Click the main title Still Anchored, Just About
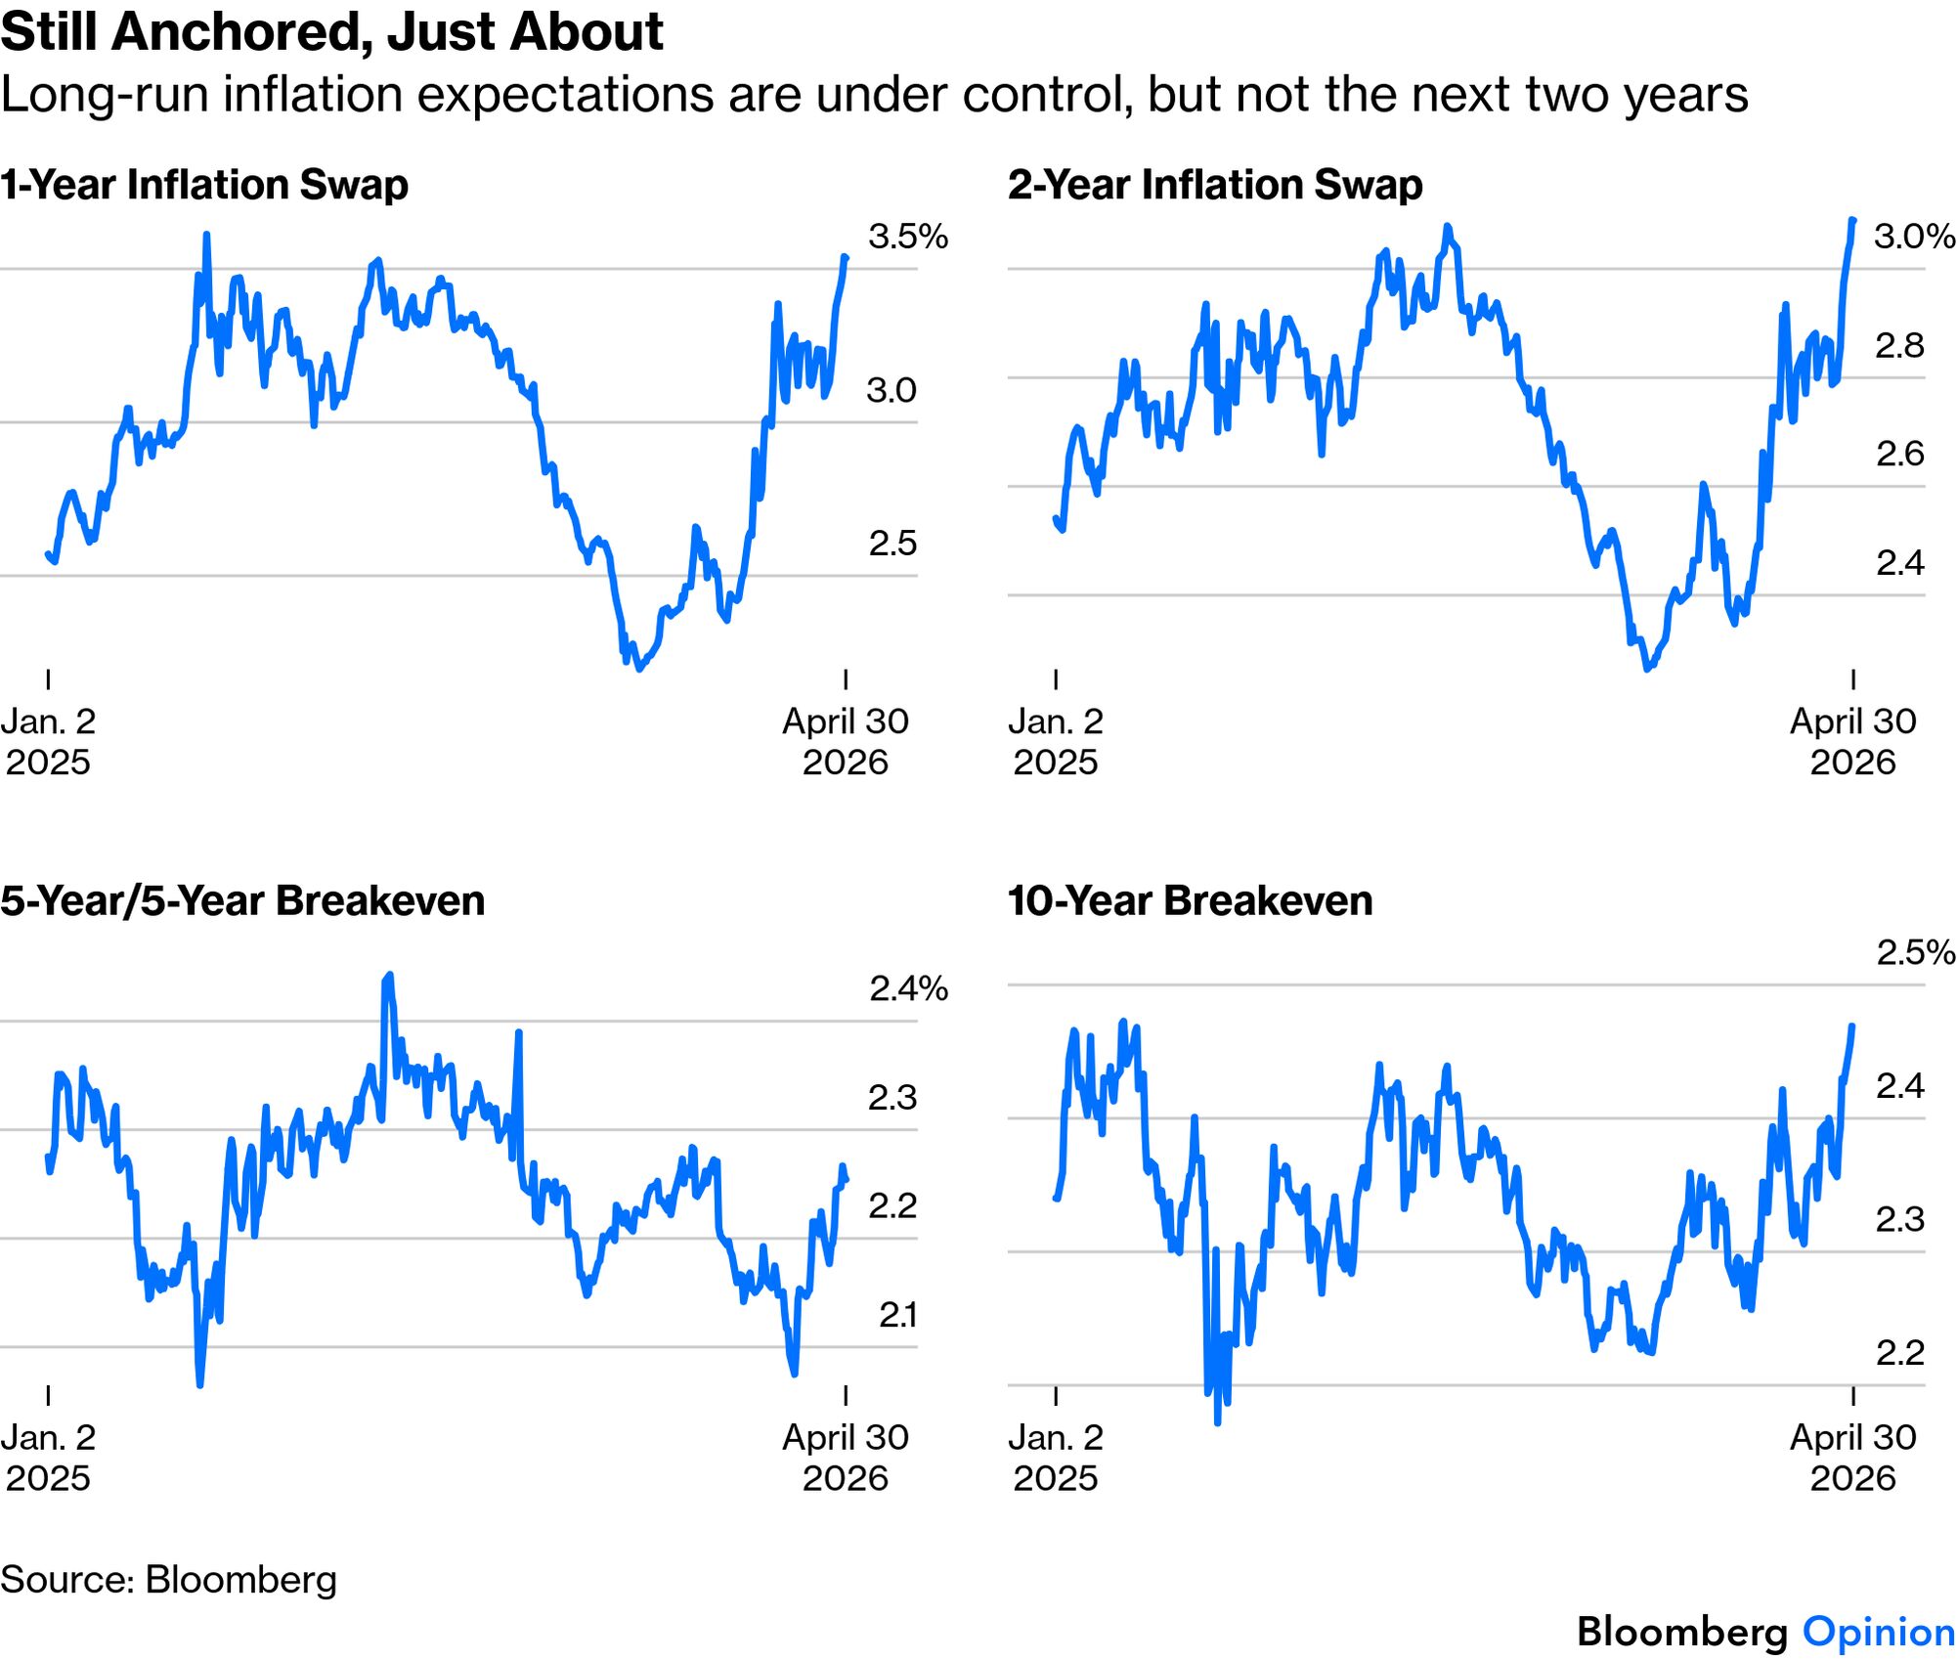coord(331,31)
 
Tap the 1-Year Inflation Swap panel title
coord(204,185)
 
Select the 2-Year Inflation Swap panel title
coord(1215,185)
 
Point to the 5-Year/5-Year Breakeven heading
coord(242,900)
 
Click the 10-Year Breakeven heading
coord(1190,900)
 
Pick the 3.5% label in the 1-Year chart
coord(907,237)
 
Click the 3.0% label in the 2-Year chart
coord(1913,237)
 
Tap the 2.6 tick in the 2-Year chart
coord(1899,454)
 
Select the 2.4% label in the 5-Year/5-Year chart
coord(907,988)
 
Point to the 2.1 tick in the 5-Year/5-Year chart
coord(896,1315)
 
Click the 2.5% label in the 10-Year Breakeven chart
coord(1915,952)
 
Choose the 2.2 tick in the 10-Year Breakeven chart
coord(1899,1352)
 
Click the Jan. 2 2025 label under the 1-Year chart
coord(48,741)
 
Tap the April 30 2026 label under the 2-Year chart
coord(1852,741)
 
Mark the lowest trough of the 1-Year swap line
coord(639,669)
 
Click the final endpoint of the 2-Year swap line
coord(1852,220)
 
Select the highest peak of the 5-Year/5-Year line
coord(390,975)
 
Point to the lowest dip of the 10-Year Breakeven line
coord(1217,1422)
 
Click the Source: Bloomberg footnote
coord(168,1579)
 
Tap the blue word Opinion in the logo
coord(1878,1632)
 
